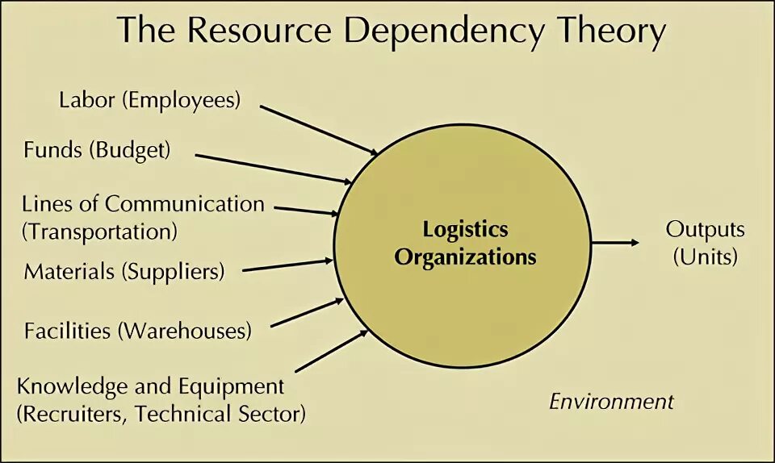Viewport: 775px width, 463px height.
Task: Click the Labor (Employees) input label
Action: click(x=150, y=100)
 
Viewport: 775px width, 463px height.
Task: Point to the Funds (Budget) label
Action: click(x=97, y=150)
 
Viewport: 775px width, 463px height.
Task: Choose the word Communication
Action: click(x=185, y=203)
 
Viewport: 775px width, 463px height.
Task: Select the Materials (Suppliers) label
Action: click(x=124, y=271)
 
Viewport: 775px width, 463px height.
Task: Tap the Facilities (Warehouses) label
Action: click(x=137, y=331)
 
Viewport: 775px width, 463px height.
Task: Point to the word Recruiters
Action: click(x=74, y=415)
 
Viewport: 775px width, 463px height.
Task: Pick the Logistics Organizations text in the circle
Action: click(x=465, y=244)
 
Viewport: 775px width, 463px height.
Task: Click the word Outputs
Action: click(x=705, y=229)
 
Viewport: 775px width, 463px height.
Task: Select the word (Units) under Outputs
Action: click(x=706, y=257)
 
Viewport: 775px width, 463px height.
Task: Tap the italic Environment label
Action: click(x=611, y=402)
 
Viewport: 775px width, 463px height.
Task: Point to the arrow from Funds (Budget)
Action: click(x=273, y=168)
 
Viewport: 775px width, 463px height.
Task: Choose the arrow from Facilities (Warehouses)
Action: click(x=307, y=312)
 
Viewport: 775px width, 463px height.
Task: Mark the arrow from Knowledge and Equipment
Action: click(x=331, y=350)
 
